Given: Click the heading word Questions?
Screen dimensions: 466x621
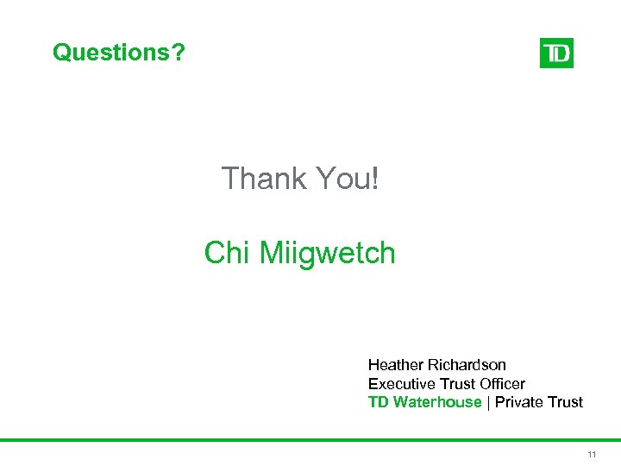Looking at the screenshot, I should (x=119, y=53).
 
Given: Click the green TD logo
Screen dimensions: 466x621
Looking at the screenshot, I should (x=556, y=54).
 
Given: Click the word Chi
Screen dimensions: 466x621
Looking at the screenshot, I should (x=227, y=254).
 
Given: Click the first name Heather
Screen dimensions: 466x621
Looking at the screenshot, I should (x=396, y=365).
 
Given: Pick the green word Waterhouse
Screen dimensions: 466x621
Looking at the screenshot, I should (x=436, y=402).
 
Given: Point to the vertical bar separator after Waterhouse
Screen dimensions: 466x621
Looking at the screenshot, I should (x=488, y=402).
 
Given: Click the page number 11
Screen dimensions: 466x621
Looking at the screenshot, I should (x=592, y=454).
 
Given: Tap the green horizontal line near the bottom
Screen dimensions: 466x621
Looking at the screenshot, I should (x=310, y=439).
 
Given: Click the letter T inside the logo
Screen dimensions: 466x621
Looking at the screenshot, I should (x=549, y=54).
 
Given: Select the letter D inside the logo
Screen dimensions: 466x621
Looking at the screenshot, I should (x=562, y=54).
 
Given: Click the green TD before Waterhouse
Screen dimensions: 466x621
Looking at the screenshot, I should (x=378, y=402).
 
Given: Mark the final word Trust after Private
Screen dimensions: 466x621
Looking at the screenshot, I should (x=565, y=402).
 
